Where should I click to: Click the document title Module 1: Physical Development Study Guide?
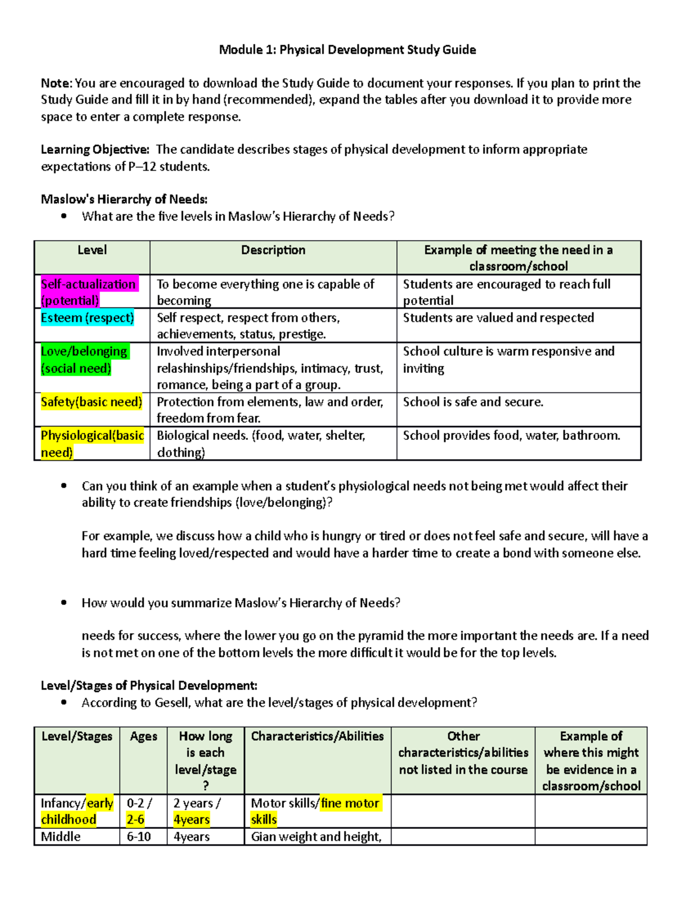click(x=348, y=50)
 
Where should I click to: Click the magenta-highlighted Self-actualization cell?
click(x=89, y=292)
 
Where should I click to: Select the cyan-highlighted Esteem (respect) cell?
click(x=87, y=318)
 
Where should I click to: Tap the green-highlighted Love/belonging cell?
click(x=85, y=359)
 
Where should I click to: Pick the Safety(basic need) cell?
click(x=92, y=402)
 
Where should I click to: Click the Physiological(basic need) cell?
click(x=92, y=443)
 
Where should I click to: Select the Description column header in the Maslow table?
click(x=273, y=250)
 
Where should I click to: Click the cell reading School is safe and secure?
click(x=473, y=402)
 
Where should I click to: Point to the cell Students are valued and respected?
click(x=498, y=318)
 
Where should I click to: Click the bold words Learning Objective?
click(x=95, y=149)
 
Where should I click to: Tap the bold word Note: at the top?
click(x=56, y=83)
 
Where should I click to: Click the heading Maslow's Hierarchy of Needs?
click(x=124, y=199)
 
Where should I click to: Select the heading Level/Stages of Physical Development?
click(x=149, y=685)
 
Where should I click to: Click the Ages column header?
click(x=144, y=736)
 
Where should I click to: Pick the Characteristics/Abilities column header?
click(x=317, y=736)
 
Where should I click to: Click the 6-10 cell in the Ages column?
click(x=139, y=836)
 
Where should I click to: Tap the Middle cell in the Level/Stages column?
click(x=61, y=836)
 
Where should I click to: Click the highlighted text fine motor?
click(x=350, y=803)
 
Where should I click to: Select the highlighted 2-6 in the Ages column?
click(x=136, y=820)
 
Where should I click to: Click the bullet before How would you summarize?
click(x=64, y=603)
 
